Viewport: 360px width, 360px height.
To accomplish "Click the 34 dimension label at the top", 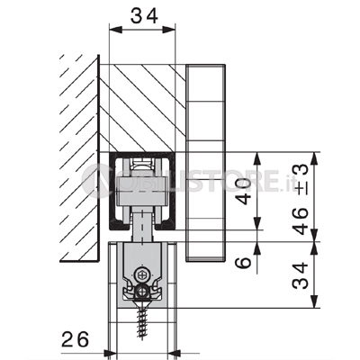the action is pos(144,15).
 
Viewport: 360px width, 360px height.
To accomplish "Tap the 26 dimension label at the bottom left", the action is pos(76,339).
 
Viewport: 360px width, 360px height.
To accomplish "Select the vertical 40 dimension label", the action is pos(243,191).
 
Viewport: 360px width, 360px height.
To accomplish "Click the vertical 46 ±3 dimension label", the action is pos(301,200).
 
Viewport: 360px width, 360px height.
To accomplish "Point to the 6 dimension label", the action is pos(243,262).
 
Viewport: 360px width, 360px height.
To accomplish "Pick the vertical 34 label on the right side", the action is pos(301,275).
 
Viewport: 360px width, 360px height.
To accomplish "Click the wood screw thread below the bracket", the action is pos(140,324).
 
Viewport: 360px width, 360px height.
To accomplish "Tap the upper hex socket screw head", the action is pos(141,274).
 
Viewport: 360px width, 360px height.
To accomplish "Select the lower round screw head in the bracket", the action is pos(141,291).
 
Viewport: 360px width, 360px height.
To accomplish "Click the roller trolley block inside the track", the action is pos(140,191).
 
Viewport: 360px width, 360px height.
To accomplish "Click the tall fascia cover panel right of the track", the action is pos(205,163).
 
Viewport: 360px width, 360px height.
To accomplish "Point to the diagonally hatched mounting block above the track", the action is pos(141,108).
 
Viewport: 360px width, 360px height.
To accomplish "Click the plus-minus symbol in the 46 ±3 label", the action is pos(301,190).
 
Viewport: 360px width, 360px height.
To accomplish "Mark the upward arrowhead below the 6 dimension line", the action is pos(257,249).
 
